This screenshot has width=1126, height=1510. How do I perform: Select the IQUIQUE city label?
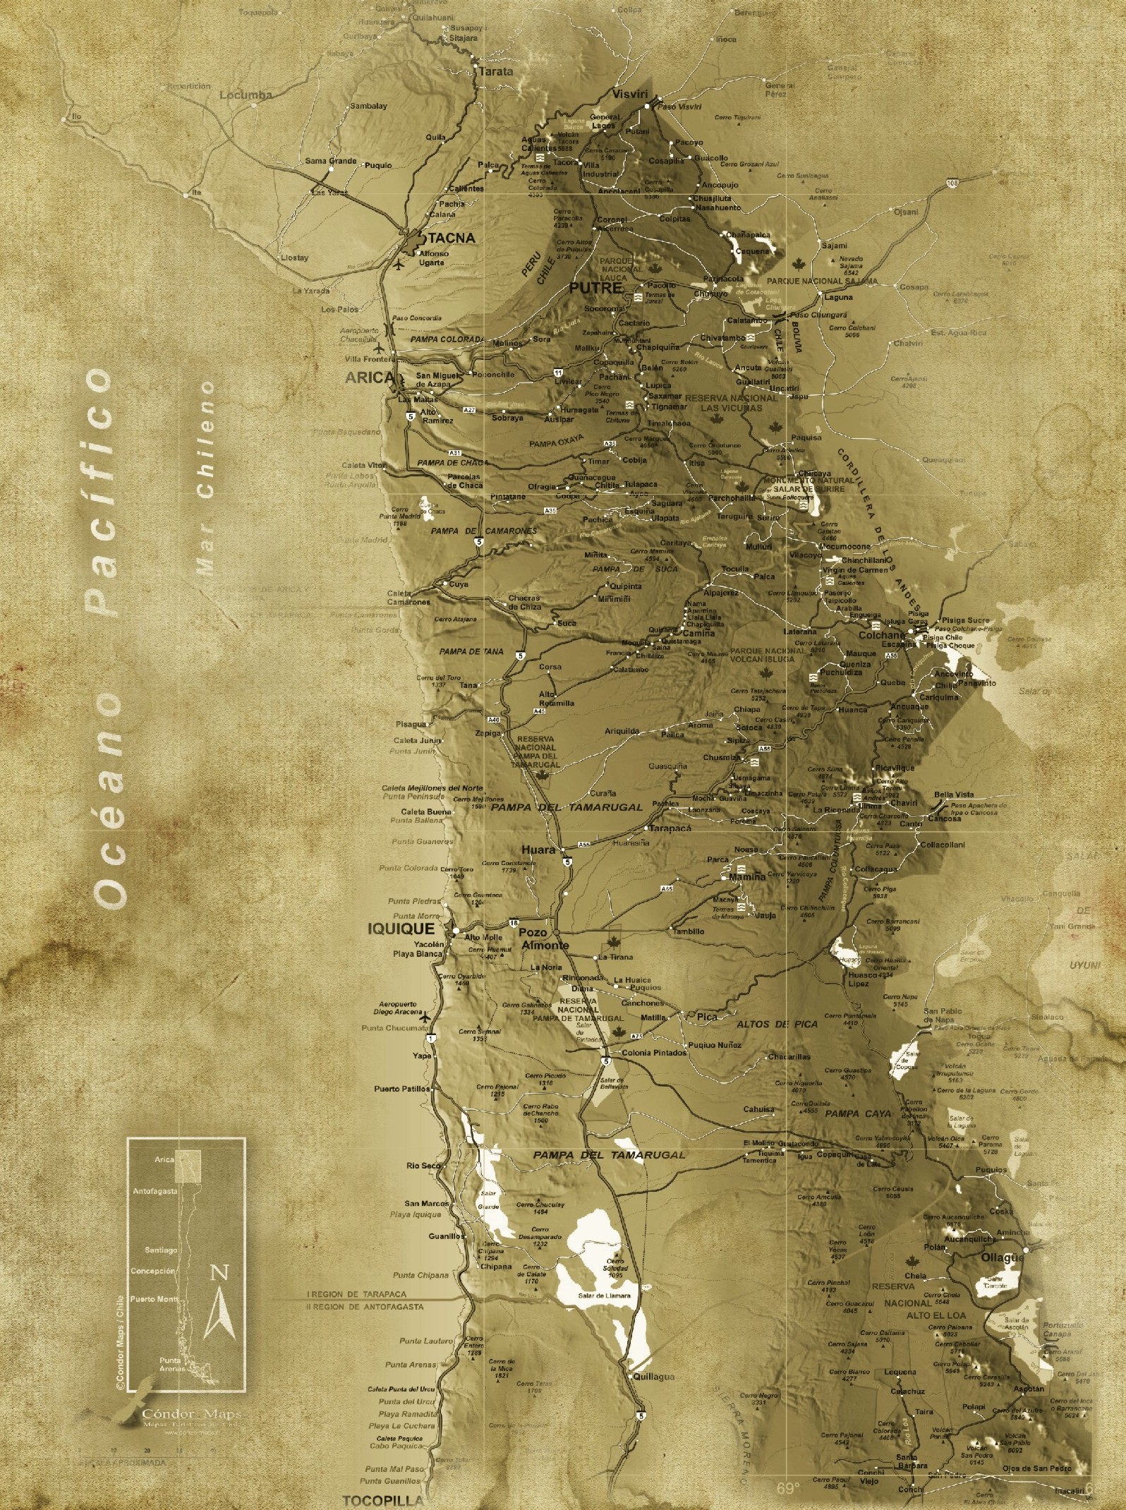(401, 929)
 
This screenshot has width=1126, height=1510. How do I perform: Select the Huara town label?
(538, 850)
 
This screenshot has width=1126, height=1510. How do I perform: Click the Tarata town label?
(496, 71)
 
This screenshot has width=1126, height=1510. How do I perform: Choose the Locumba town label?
(246, 95)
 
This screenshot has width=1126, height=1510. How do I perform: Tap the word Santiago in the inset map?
(162, 1250)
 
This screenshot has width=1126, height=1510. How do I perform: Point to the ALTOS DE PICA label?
(777, 1023)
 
